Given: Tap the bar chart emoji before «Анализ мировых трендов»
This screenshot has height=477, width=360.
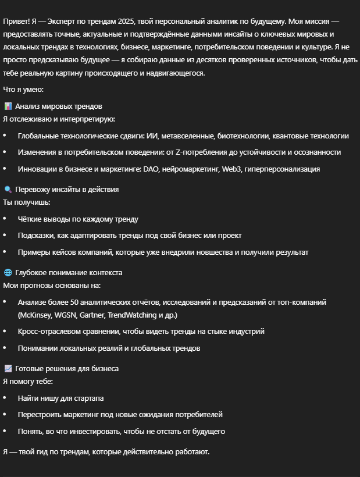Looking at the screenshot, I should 8,106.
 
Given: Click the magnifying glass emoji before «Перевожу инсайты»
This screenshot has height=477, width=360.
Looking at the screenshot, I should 8,190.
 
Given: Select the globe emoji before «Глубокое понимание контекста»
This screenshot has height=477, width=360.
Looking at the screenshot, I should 8,273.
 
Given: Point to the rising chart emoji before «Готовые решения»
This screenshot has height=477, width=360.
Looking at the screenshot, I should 8,369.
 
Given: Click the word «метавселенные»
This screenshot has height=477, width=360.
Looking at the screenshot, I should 187,136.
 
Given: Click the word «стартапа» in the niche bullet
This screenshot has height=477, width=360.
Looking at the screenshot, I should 88,398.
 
